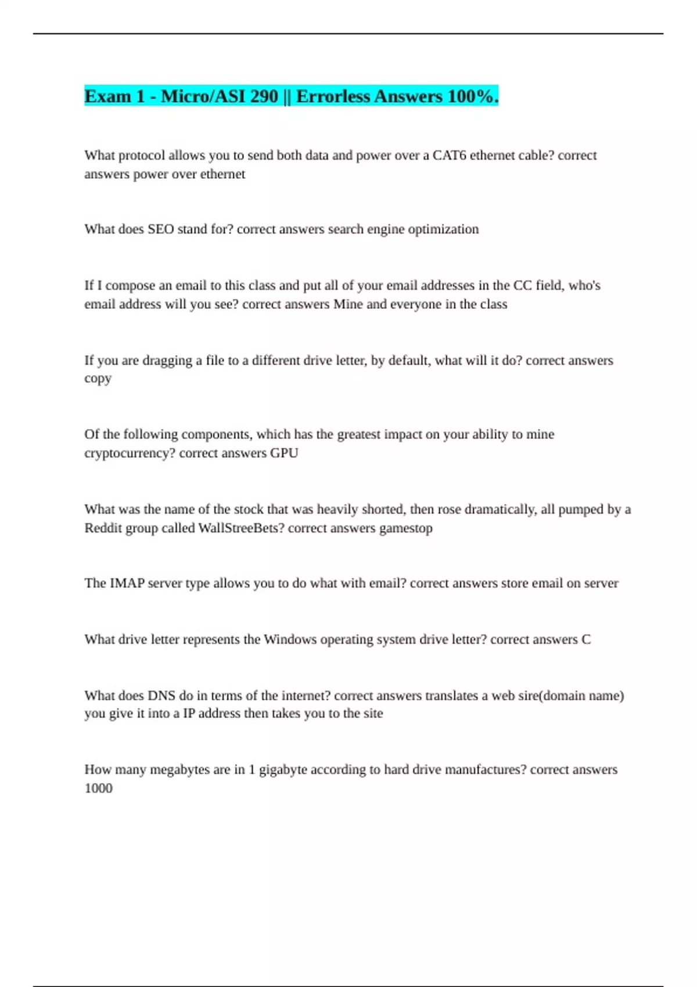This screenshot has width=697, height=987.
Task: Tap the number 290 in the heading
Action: pos(264,96)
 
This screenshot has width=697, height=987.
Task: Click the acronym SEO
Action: pos(161,229)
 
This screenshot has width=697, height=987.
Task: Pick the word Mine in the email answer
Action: pos(347,304)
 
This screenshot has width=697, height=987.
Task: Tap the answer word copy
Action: pos(98,379)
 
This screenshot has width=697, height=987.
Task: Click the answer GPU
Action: pos(284,453)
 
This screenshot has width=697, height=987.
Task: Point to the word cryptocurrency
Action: pos(130,453)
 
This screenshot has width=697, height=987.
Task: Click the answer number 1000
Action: pos(98,788)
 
